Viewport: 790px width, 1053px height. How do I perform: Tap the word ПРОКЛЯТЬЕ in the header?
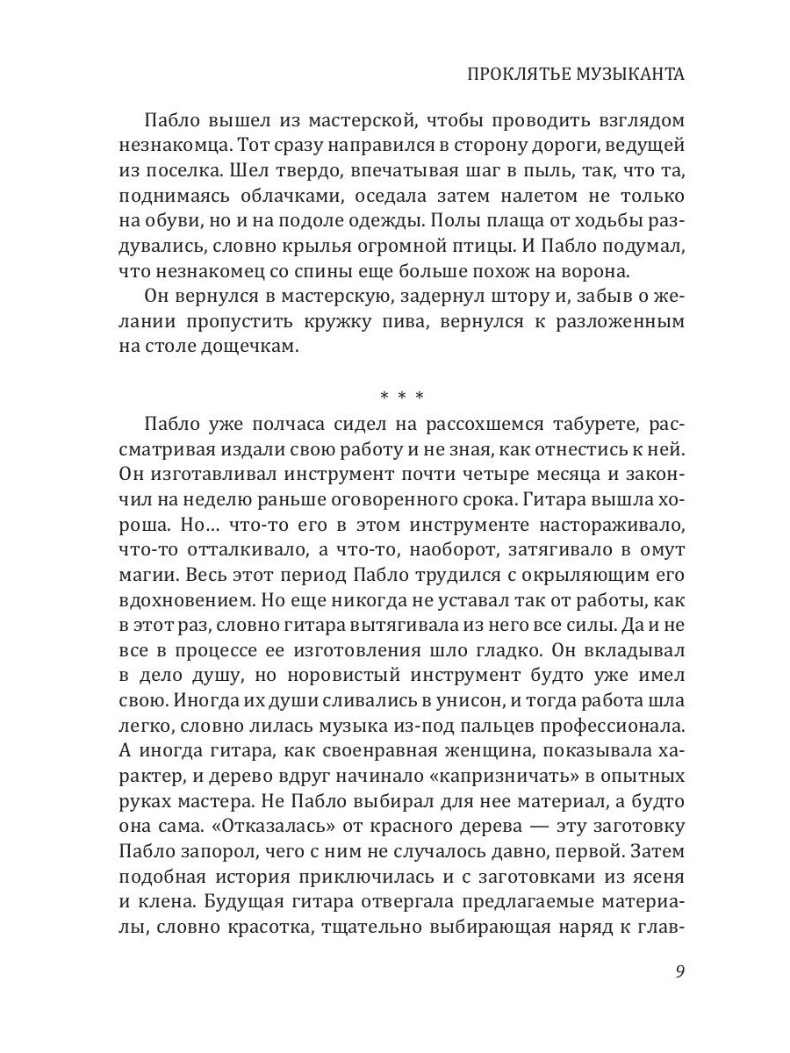pos(505,75)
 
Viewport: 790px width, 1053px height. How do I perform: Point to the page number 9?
pos(679,971)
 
